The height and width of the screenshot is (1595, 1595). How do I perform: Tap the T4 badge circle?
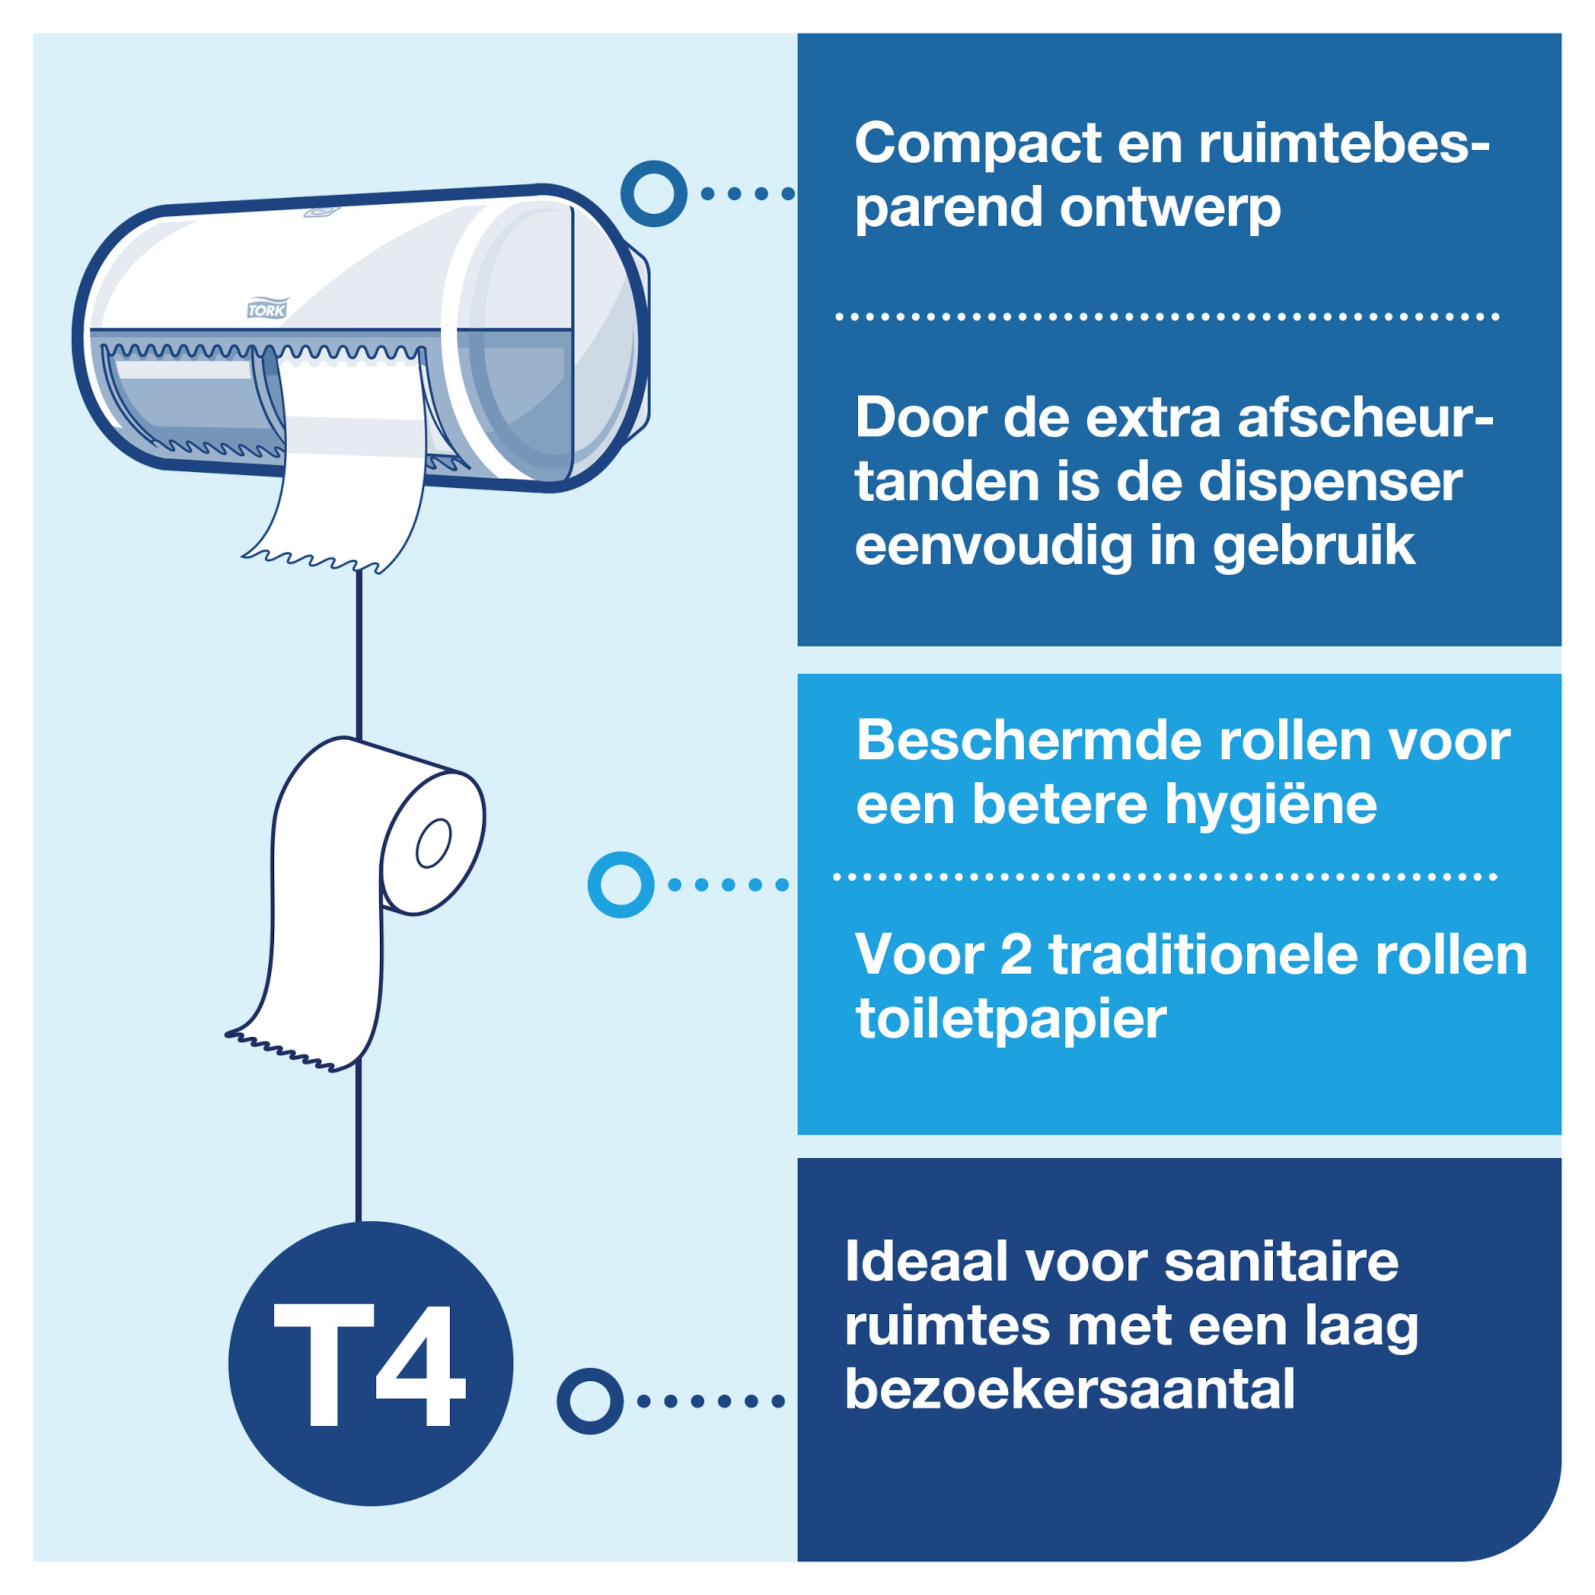(x=371, y=1363)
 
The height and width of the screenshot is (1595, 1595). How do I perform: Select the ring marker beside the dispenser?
(x=654, y=193)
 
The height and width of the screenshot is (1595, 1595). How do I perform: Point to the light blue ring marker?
(x=621, y=884)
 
